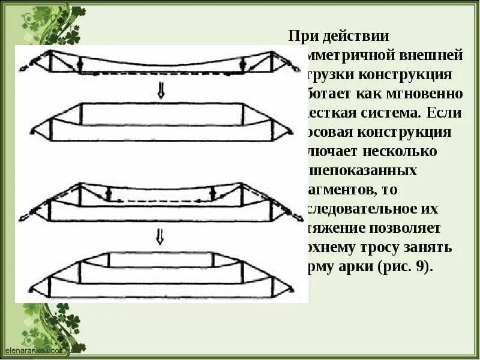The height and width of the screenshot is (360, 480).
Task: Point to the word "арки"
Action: (x=356, y=267)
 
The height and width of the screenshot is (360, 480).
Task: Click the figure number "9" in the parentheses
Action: (x=421, y=267)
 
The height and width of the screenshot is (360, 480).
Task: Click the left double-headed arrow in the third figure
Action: (x=109, y=193)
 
